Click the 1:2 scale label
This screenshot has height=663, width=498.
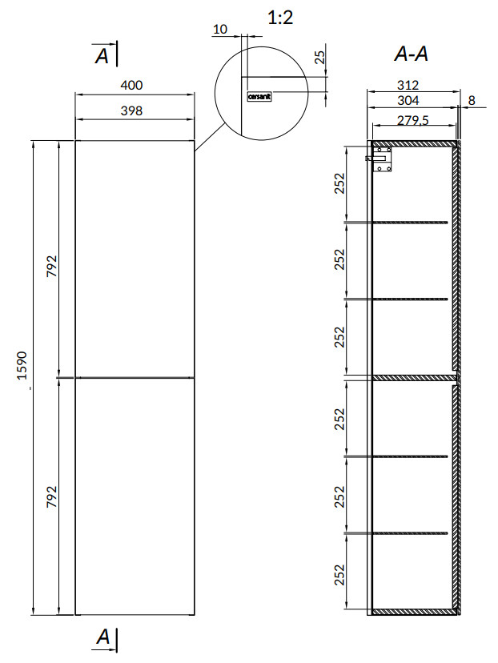[280, 18]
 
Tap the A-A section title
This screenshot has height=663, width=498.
[411, 54]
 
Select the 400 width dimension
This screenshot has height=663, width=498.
[131, 85]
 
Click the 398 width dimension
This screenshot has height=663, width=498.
[131, 110]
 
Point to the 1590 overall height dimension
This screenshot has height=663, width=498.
[22, 365]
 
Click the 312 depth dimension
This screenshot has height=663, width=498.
[408, 85]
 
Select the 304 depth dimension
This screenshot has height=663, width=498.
[408, 100]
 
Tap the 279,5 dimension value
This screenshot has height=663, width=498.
[412, 120]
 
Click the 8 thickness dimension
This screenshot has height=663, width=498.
[472, 100]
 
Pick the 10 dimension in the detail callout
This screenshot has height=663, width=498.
[220, 29]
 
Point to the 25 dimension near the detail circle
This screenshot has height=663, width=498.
[320, 57]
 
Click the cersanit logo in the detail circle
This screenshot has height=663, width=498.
[259, 96]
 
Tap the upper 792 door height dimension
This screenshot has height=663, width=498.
[51, 266]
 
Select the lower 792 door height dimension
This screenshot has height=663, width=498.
[51, 496]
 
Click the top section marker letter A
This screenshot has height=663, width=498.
[102, 55]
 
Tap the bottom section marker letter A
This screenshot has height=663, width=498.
[102, 637]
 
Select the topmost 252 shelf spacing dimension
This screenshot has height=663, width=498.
[339, 183]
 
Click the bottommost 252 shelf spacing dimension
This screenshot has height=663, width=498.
[339, 575]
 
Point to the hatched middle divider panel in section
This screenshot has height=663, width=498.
[413, 378]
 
